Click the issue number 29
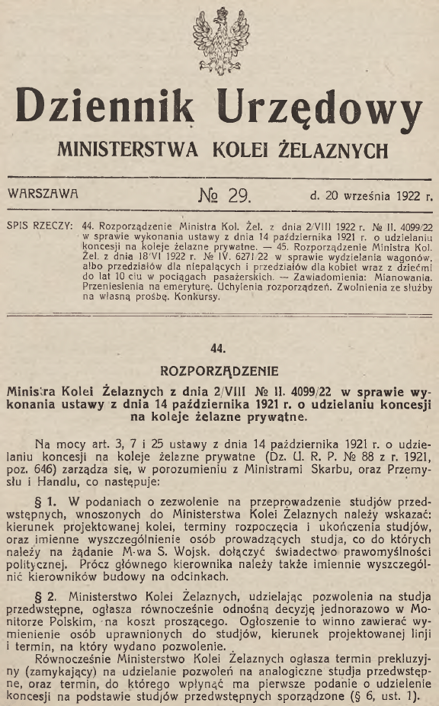pyautogui.click(x=233, y=194)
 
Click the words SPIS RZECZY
pyautogui.click(x=39, y=226)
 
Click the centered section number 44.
pyautogui.click(x=219, y=350)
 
